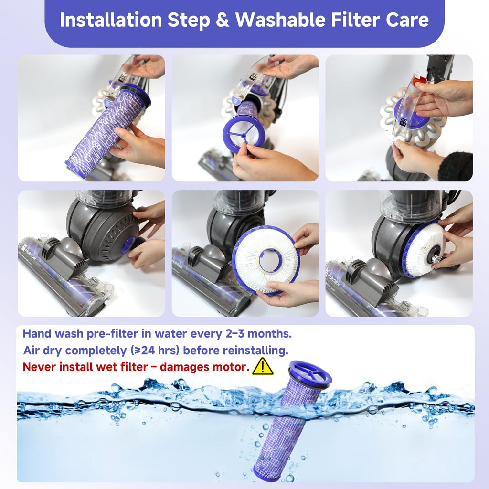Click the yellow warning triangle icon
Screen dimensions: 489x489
(x=263, y=366)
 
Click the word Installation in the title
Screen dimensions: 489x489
(x=111, y=20)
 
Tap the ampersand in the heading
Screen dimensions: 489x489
(x=223, y=20)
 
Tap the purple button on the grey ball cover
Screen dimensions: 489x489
(x=128, y=244)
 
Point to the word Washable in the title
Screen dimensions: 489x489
(x=280, y=20)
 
